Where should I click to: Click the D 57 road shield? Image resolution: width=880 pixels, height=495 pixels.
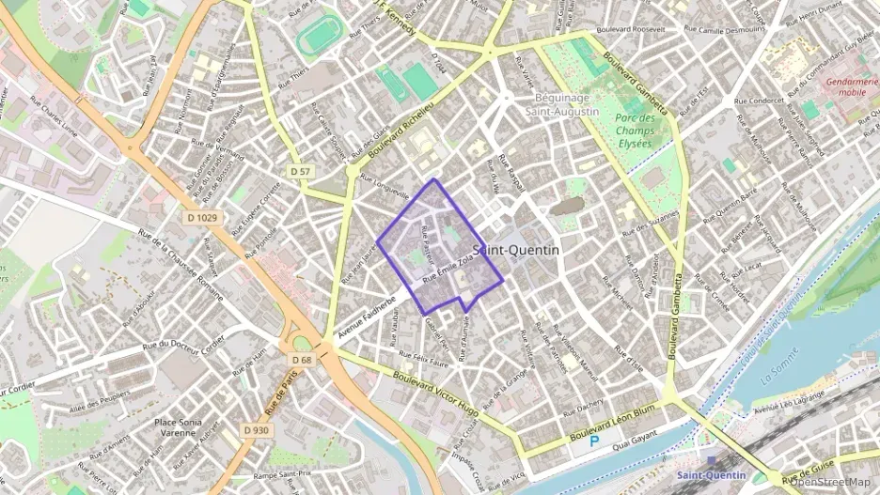[300, 171]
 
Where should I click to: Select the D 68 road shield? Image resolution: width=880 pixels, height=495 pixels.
[301, 360]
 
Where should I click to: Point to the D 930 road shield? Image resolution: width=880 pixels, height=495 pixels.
[256, 429]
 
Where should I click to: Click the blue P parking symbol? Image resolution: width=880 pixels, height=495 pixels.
[593, 440]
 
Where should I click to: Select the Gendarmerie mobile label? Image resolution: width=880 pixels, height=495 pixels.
[853, 88]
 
